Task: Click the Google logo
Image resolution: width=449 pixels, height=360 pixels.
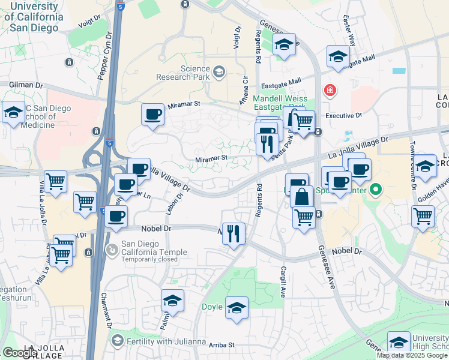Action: tap(20, 353)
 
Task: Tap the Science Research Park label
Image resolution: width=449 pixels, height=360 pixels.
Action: tap(182, 73)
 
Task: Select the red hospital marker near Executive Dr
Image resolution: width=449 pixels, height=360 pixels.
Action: tap(330, 91)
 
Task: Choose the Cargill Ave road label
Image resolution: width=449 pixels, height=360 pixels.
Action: tap(282, 281)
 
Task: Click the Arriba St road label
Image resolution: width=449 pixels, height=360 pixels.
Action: tap(221, 345)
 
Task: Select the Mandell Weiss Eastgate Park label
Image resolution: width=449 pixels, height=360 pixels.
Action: tap(280, 103)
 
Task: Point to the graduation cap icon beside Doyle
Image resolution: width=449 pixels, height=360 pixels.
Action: tap(237, 308)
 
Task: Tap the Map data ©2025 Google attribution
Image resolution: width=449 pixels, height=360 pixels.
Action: tap(412, 355)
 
